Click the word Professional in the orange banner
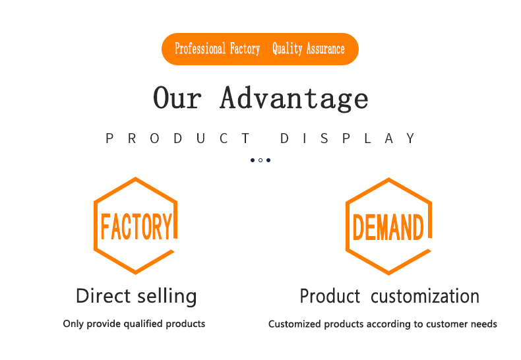click(200, 49)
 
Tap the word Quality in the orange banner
click(288, 49)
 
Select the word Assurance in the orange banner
click(326, 49)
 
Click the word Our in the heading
click(177, 98)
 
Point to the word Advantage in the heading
click(294, 98)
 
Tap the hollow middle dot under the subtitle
click(260, 160)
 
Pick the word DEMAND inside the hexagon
click(388, 227)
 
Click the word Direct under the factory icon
click(103, 295)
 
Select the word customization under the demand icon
click(425, 296)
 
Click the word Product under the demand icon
click(330, 296)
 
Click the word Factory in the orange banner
click(245, 49)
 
